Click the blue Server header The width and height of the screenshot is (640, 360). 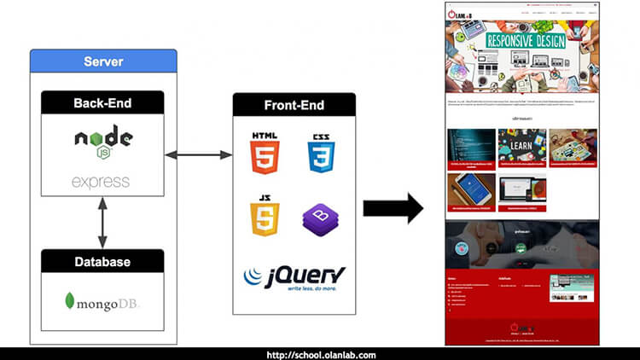pos(103,61)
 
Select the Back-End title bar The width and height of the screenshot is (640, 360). pos(102,104)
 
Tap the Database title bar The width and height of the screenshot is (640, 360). pos(102,261)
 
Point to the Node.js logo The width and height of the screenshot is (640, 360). pos(102,142)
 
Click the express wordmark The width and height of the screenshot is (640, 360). pos(101,182)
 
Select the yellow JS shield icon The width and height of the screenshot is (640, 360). pos(265,217)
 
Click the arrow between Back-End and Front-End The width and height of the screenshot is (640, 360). pos(198,154)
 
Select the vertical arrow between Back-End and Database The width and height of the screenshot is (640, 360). pos(102,223)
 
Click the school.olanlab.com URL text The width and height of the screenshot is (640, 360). pos(320,354)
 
